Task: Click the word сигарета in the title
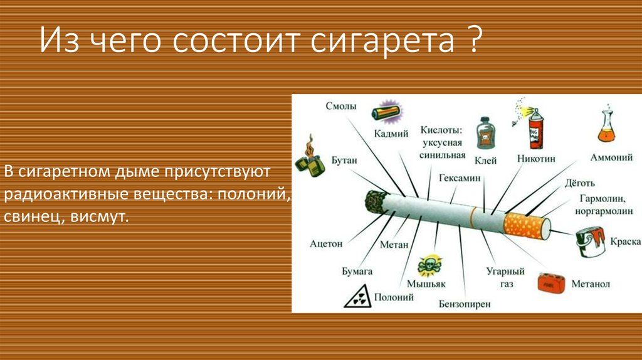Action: (382, 41)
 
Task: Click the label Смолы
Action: (341, 106)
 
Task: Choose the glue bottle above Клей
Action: (486, 133)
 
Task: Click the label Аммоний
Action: (611, 157)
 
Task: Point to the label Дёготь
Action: (580, 183)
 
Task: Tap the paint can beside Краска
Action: (591, 242)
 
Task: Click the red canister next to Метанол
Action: (552, 283)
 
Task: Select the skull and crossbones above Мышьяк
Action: (429, 265)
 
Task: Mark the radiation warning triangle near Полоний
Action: (357, 296)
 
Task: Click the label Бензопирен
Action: (465, 304)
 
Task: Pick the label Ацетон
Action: (326, 244)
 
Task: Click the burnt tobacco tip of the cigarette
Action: (375, 201)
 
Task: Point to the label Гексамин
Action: (460, 177)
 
